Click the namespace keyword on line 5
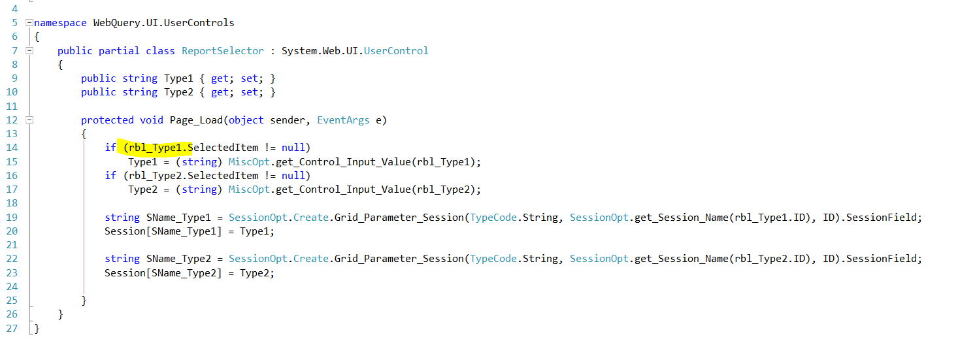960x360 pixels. pyautogui.click(x=60, y=23)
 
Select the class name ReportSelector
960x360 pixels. pyautogui.click(x=222, y=51)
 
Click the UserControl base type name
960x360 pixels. pyautogui.click(x=396, y=51)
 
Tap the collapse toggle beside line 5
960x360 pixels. pyautogui.click(x=29, y=22)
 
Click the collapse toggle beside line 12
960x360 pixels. pyautogui.click(x=29, y=120)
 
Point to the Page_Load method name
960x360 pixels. pyautogui.click(x=196, y=120)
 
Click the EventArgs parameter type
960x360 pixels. pyautogui.click(x=343, y=120)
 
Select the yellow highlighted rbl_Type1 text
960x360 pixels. pyautogui.click(x=156, y=148)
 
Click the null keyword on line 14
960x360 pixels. pyautogui.click(x=293, y=148)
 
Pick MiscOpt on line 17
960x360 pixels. pyautogui.click(x=249, y=189)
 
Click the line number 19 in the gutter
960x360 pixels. pyautogui.click(x=12, y=218)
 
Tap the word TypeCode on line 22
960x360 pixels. pyautogui.click(x=493, y=259)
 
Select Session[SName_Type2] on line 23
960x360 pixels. pyautogui.click(x=163, y=273)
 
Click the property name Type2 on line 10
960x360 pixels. pyautogui.click(x=178, y=92)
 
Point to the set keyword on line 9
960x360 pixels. pyautogui.click(x=249, y=78)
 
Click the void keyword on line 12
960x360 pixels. pyautogui.click(x=151, y=120)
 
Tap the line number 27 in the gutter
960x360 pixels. pyautogui.click(x=12, y=329)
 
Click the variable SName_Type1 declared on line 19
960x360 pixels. pyautogui.click(x=178, y=218)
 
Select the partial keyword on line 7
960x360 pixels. pyautogui.click(x=119, y=51)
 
